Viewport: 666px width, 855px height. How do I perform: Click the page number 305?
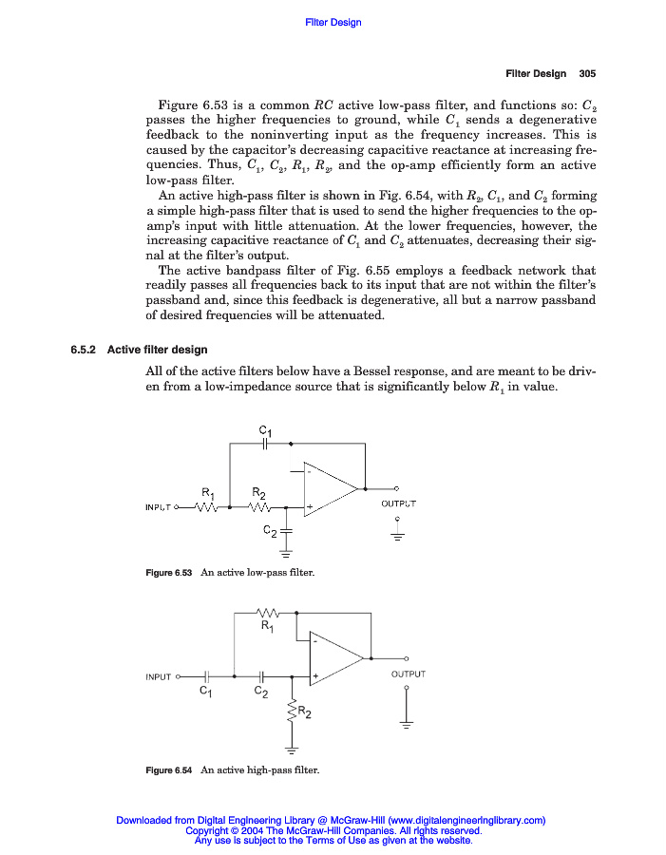[586, 73]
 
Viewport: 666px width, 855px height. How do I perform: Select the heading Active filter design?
[157, 350]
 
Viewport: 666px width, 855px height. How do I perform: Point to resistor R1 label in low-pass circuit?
[208, 492]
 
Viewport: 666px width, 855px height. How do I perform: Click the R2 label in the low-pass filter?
[258, 492]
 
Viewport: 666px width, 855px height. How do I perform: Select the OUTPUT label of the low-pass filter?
[398, 503]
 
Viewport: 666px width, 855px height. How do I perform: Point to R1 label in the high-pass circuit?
[268, 626]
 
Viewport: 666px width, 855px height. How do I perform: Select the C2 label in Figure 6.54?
[260, 693]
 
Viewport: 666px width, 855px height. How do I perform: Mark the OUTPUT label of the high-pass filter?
[408, 674]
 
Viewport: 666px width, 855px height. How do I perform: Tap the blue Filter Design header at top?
[333, 22]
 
